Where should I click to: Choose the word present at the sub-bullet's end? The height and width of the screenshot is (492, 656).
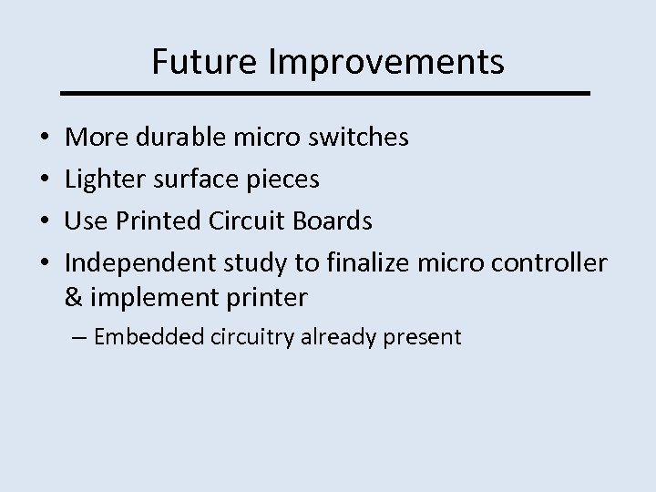coord(422,337)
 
